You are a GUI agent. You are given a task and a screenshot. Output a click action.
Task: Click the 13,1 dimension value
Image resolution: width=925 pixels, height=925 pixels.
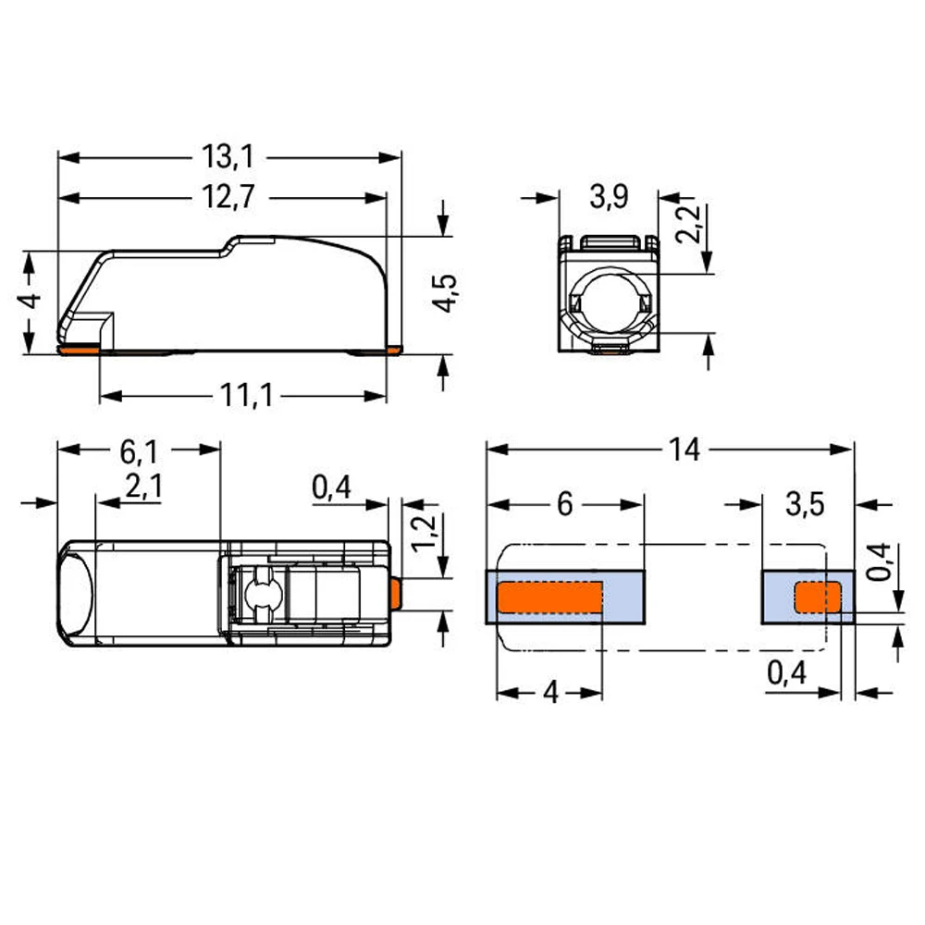click(x=228, y=157)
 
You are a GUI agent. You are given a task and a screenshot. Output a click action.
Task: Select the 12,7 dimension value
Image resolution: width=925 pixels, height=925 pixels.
click(x=228, y=196)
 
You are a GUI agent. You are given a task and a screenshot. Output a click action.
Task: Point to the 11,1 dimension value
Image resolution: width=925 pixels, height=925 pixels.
click(x=247, y=395)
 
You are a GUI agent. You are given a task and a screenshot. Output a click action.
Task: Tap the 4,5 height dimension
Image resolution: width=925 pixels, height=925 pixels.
click(x=445, y=293)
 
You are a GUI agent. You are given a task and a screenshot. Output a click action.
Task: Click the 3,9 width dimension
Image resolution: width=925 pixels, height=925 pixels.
click(x=609, y=196)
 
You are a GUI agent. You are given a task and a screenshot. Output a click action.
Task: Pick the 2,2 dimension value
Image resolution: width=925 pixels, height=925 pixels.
click(x=688, y=224)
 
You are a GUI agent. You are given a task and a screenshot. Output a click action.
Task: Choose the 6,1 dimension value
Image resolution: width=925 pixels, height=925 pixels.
click(x=140, y=452)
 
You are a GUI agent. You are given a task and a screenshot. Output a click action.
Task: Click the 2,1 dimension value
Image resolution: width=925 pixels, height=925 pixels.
click(x=143, y=487)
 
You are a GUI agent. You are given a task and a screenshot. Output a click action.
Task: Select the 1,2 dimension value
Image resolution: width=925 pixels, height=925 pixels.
click(x=424, y=534)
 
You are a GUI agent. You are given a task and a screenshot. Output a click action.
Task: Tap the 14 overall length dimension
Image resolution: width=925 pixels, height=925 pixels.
click(x=684, y=450)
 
